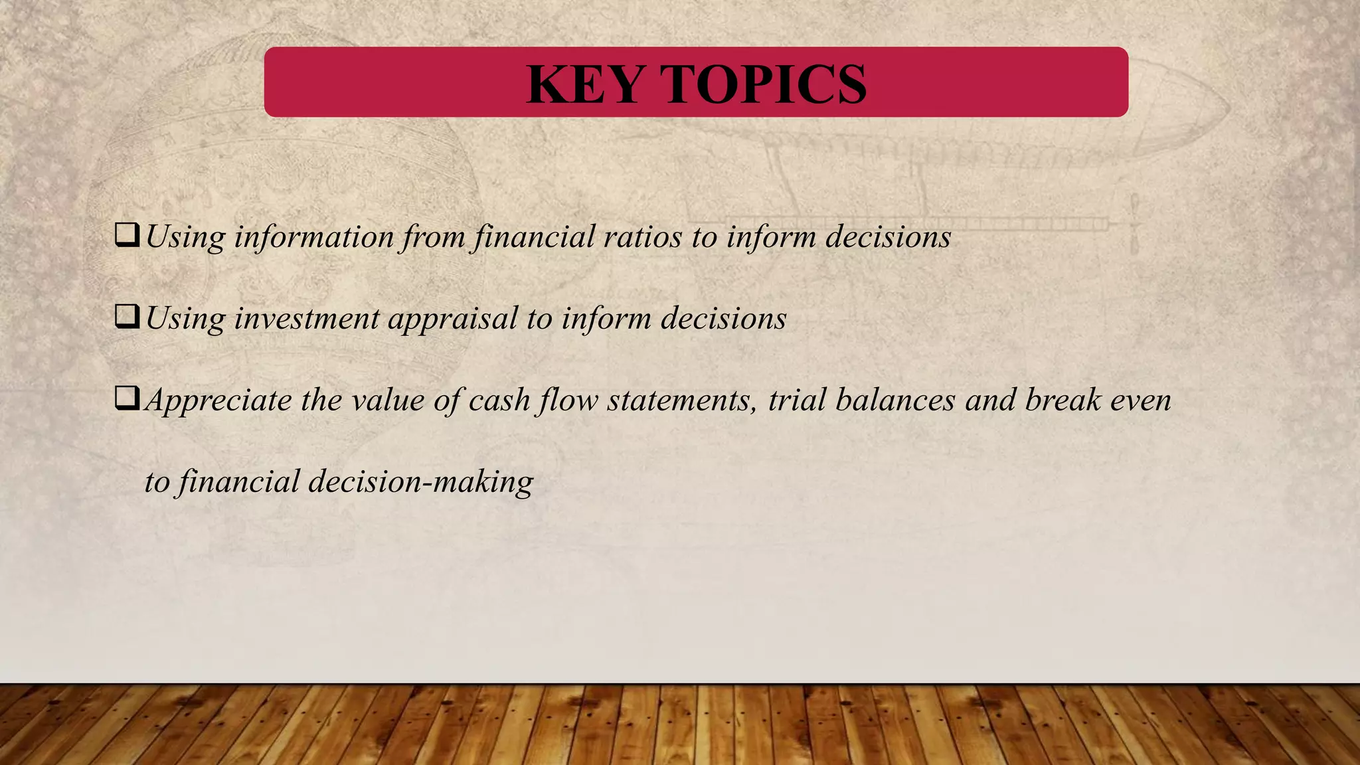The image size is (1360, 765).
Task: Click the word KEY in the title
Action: click(x=585, y=84)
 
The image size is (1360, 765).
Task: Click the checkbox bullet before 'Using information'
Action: click(x=127, y=235)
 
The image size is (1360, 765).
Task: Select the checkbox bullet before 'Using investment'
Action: click(x=127, y=317)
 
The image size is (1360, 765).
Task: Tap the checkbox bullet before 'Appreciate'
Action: click(x=127, y=398)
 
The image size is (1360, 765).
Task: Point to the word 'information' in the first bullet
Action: click(x=314, y=237)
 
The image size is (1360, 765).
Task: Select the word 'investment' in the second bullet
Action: click(x=307, y=319)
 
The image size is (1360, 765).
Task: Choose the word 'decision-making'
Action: click(x=421, y=482)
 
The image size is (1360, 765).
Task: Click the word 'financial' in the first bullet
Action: click(x=533, y=237)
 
